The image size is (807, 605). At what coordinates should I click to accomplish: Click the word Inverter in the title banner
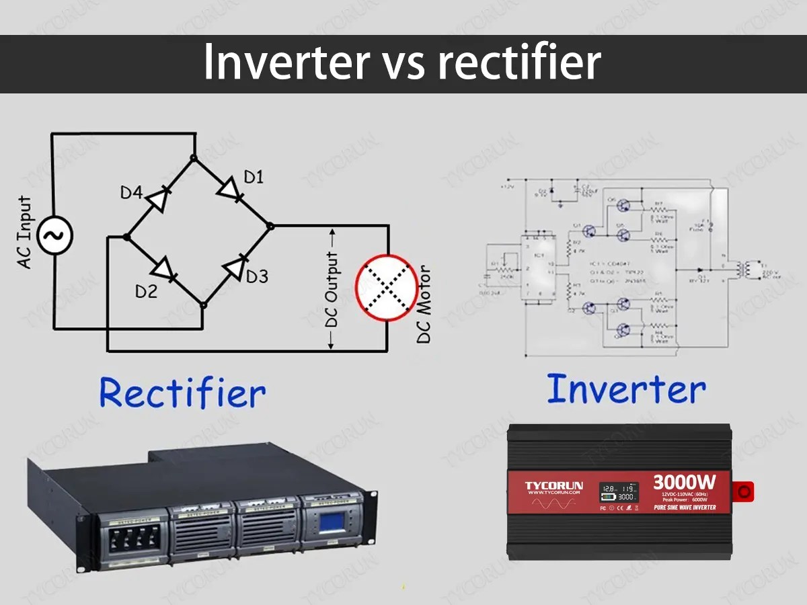click(286, 63)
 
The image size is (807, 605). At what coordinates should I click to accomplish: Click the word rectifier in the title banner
click(519, 63)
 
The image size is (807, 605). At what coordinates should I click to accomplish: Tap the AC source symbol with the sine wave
click(54, 235)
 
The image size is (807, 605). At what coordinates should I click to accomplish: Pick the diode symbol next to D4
click(157, 198)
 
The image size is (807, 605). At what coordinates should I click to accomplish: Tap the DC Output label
click(332, 289)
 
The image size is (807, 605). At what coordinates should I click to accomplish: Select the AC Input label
click(25, 233)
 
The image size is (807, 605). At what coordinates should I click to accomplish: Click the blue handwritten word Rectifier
click(182, 393)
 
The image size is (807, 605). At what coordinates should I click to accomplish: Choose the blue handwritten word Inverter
click(626, 389)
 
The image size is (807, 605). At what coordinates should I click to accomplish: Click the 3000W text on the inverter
click(683, 483)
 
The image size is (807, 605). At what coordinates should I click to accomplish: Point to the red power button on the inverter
click(744, 491)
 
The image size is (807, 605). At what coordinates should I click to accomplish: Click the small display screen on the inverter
click(619, 492)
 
